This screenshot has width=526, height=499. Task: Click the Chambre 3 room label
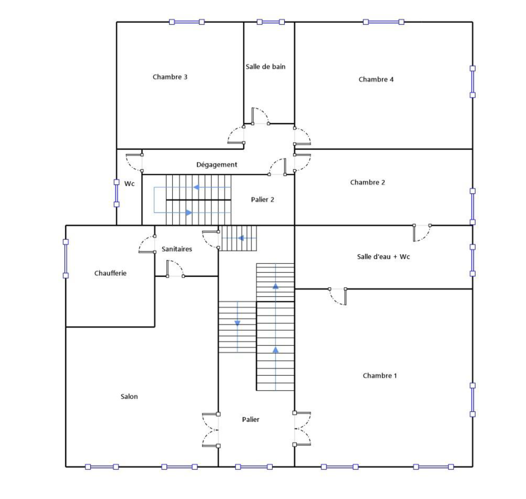170,77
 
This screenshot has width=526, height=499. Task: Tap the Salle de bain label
266,67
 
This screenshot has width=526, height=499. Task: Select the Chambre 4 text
376,80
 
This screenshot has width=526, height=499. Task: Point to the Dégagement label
217,165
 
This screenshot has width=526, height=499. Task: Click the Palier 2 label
262,200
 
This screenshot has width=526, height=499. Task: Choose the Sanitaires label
177,249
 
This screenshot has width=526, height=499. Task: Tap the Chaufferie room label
110,273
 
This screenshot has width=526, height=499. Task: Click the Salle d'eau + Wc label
383,257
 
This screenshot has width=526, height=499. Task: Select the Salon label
129,396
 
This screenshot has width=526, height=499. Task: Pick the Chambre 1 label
380,376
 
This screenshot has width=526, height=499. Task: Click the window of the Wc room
116,193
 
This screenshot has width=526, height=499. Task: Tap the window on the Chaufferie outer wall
66,259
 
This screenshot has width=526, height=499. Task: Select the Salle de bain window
271,22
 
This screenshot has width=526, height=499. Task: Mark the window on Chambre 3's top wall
187,22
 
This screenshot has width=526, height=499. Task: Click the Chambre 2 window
472,206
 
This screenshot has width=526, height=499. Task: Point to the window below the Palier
254,467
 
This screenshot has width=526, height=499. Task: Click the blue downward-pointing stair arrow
237,323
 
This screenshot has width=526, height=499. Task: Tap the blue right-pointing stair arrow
189,213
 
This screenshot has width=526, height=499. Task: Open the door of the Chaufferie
147,244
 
